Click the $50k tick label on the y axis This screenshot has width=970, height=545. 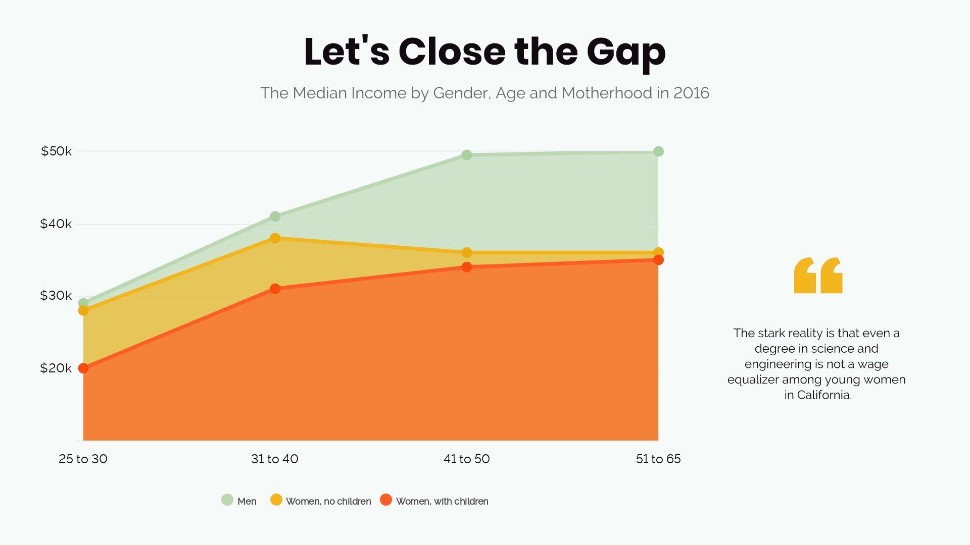[x=56, y=151]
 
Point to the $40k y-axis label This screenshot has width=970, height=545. [x=56, y=224]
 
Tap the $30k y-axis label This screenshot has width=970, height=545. [x=56, y=296]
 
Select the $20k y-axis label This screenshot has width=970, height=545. [x=56, y=368]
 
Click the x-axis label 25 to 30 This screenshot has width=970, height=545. [x=83, y=459]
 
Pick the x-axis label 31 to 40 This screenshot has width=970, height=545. [x=275, y=459]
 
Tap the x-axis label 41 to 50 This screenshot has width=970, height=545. [x=466, y=459]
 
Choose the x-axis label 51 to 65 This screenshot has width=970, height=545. [x=658, y=459]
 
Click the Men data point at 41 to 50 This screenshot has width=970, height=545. [x=467, y=155]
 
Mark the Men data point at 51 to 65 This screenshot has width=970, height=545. [x=658, y=151]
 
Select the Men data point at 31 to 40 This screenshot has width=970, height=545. [x=275, y=216]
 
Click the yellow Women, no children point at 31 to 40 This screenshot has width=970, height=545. [x=275, y=238]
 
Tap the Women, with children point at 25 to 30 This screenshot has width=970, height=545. [x=83, y=368]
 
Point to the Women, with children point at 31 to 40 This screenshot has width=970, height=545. [x=275, y=289]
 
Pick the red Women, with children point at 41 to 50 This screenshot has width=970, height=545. [x=467, y=267]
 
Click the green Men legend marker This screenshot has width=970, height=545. [x=227, y=500]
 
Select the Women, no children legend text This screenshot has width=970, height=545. [x=328, y=501]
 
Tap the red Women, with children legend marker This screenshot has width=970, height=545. [x=386, y=500]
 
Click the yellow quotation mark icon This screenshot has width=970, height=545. [x=818, y=276]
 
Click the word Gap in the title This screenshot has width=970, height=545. [x=626, y=52]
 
